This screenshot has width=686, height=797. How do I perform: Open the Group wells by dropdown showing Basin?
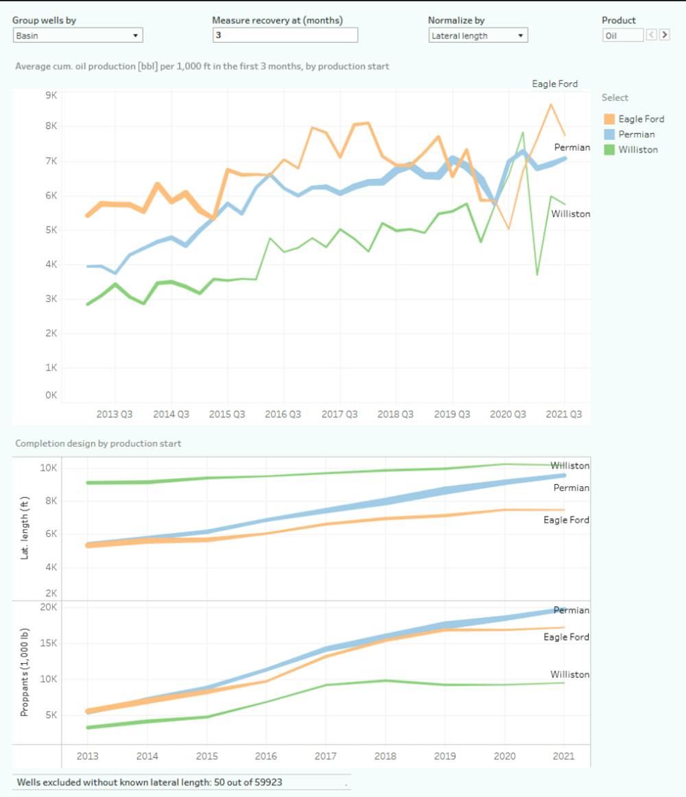pyautogui.click(x=78, y=35)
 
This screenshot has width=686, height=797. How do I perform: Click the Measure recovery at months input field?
pyautogui.click(x=285, y=35)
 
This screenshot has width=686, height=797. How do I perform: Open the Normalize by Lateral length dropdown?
pyautogui.click(x=477, y=35)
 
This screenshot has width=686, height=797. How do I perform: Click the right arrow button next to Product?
pyautogui.click(x=664, y=35)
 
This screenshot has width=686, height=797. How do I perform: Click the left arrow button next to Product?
pyautogui.click(x=652, y=35)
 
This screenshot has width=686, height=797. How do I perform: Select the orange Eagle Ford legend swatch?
pyautogui.click(x=609, y=119)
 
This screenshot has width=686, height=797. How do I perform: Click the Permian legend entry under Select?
pyautogui.click(x=636, y=134)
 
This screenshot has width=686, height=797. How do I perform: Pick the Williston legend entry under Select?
pyautogui.click(x=637, y=150)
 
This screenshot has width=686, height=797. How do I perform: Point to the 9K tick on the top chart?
pyautogui.click(x=51, y=95)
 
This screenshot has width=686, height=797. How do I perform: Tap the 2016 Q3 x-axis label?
pyautogui.click(x=283, y=414)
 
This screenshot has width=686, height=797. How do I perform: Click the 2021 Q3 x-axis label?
pyautogui.click(x=565, y=414)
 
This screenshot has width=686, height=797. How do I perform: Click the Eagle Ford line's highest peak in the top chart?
pyautogui.click(x=550, y=104)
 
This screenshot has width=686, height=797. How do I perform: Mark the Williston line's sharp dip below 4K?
pyautogui.click(x=537, y=274)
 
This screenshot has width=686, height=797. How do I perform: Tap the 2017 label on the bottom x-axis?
pyautogui.click(x=325, y=756)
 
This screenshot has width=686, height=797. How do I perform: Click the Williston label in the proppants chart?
pyautogui.click(x=569, y=675)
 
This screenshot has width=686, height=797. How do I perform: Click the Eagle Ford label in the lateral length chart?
pyautogui.click(x=566, y=520)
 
